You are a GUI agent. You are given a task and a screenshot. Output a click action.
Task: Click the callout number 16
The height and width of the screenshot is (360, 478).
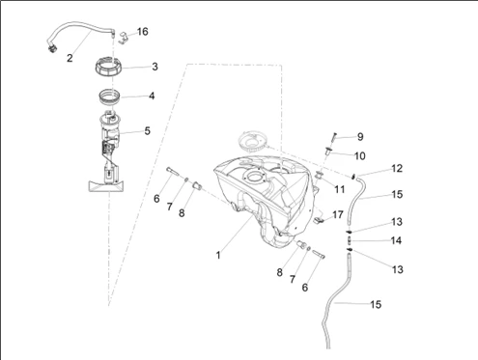(x=142, y=32)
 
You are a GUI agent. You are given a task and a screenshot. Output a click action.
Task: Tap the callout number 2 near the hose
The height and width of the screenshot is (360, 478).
(x=70, y=58)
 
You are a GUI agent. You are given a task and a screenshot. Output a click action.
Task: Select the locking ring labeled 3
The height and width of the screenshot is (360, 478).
(x=109, y=67)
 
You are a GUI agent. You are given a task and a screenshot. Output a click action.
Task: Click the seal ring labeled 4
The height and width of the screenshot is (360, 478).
(x=109, y=97)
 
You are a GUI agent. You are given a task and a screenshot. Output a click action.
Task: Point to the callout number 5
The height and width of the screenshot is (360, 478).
(x=147, y=131)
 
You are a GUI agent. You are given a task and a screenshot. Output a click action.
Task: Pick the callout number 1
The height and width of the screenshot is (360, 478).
(x=218, y=255)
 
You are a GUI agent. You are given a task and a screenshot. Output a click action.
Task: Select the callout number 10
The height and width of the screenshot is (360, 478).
(x=359, y=156)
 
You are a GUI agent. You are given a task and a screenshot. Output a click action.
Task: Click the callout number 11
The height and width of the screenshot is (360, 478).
(x=339, y=189)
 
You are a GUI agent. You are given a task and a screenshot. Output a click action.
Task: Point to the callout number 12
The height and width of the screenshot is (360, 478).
(x=397, y=169)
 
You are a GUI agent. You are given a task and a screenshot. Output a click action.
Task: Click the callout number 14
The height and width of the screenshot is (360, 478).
(x=396, y=240)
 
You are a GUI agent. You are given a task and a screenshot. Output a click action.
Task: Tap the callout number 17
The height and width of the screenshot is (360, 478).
(x=338, y=214)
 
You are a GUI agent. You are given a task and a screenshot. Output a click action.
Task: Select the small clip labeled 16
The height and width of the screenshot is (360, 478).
(x=124, y=38)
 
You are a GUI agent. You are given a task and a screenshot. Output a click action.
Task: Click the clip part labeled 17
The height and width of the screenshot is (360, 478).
(x=318, y=220)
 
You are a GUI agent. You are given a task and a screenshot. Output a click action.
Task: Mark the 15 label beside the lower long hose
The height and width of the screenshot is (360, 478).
(x=376, y=304)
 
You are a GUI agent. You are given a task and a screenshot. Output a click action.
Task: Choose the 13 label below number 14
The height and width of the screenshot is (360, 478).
(x=398, y=269)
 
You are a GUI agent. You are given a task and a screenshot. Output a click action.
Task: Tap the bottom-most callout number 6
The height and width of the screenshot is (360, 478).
(x=305, y=288)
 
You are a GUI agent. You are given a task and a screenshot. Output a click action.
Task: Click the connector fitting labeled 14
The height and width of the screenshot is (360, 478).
(x=350, y=240)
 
